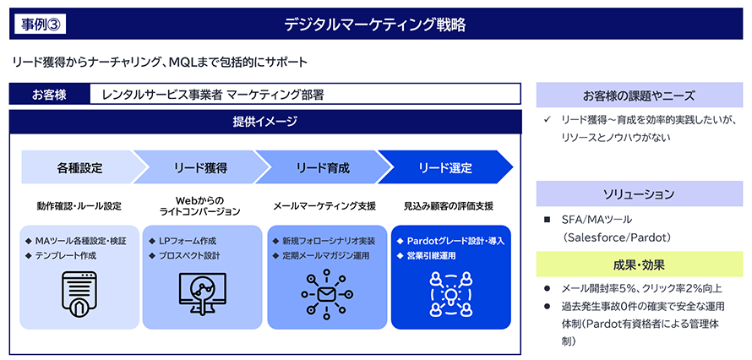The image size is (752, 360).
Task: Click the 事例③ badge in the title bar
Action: coord(39,24)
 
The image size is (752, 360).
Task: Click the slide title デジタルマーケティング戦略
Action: coord(375,24)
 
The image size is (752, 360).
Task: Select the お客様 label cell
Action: coord(49,94)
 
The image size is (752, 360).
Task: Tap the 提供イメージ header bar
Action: coord(265,122)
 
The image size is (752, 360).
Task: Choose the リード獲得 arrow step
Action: coord(199,167)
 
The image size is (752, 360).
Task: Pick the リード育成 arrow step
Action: coord(322,167)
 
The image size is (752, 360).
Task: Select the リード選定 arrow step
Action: coord(444,167)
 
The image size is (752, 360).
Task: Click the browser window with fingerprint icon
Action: coord(80,292)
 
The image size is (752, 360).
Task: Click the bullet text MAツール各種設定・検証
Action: coord(80,241)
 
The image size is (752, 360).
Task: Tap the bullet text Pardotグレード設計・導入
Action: coord(456,241)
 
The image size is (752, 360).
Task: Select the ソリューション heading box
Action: coord(640,193)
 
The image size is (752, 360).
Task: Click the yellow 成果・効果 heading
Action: coord(640,265)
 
